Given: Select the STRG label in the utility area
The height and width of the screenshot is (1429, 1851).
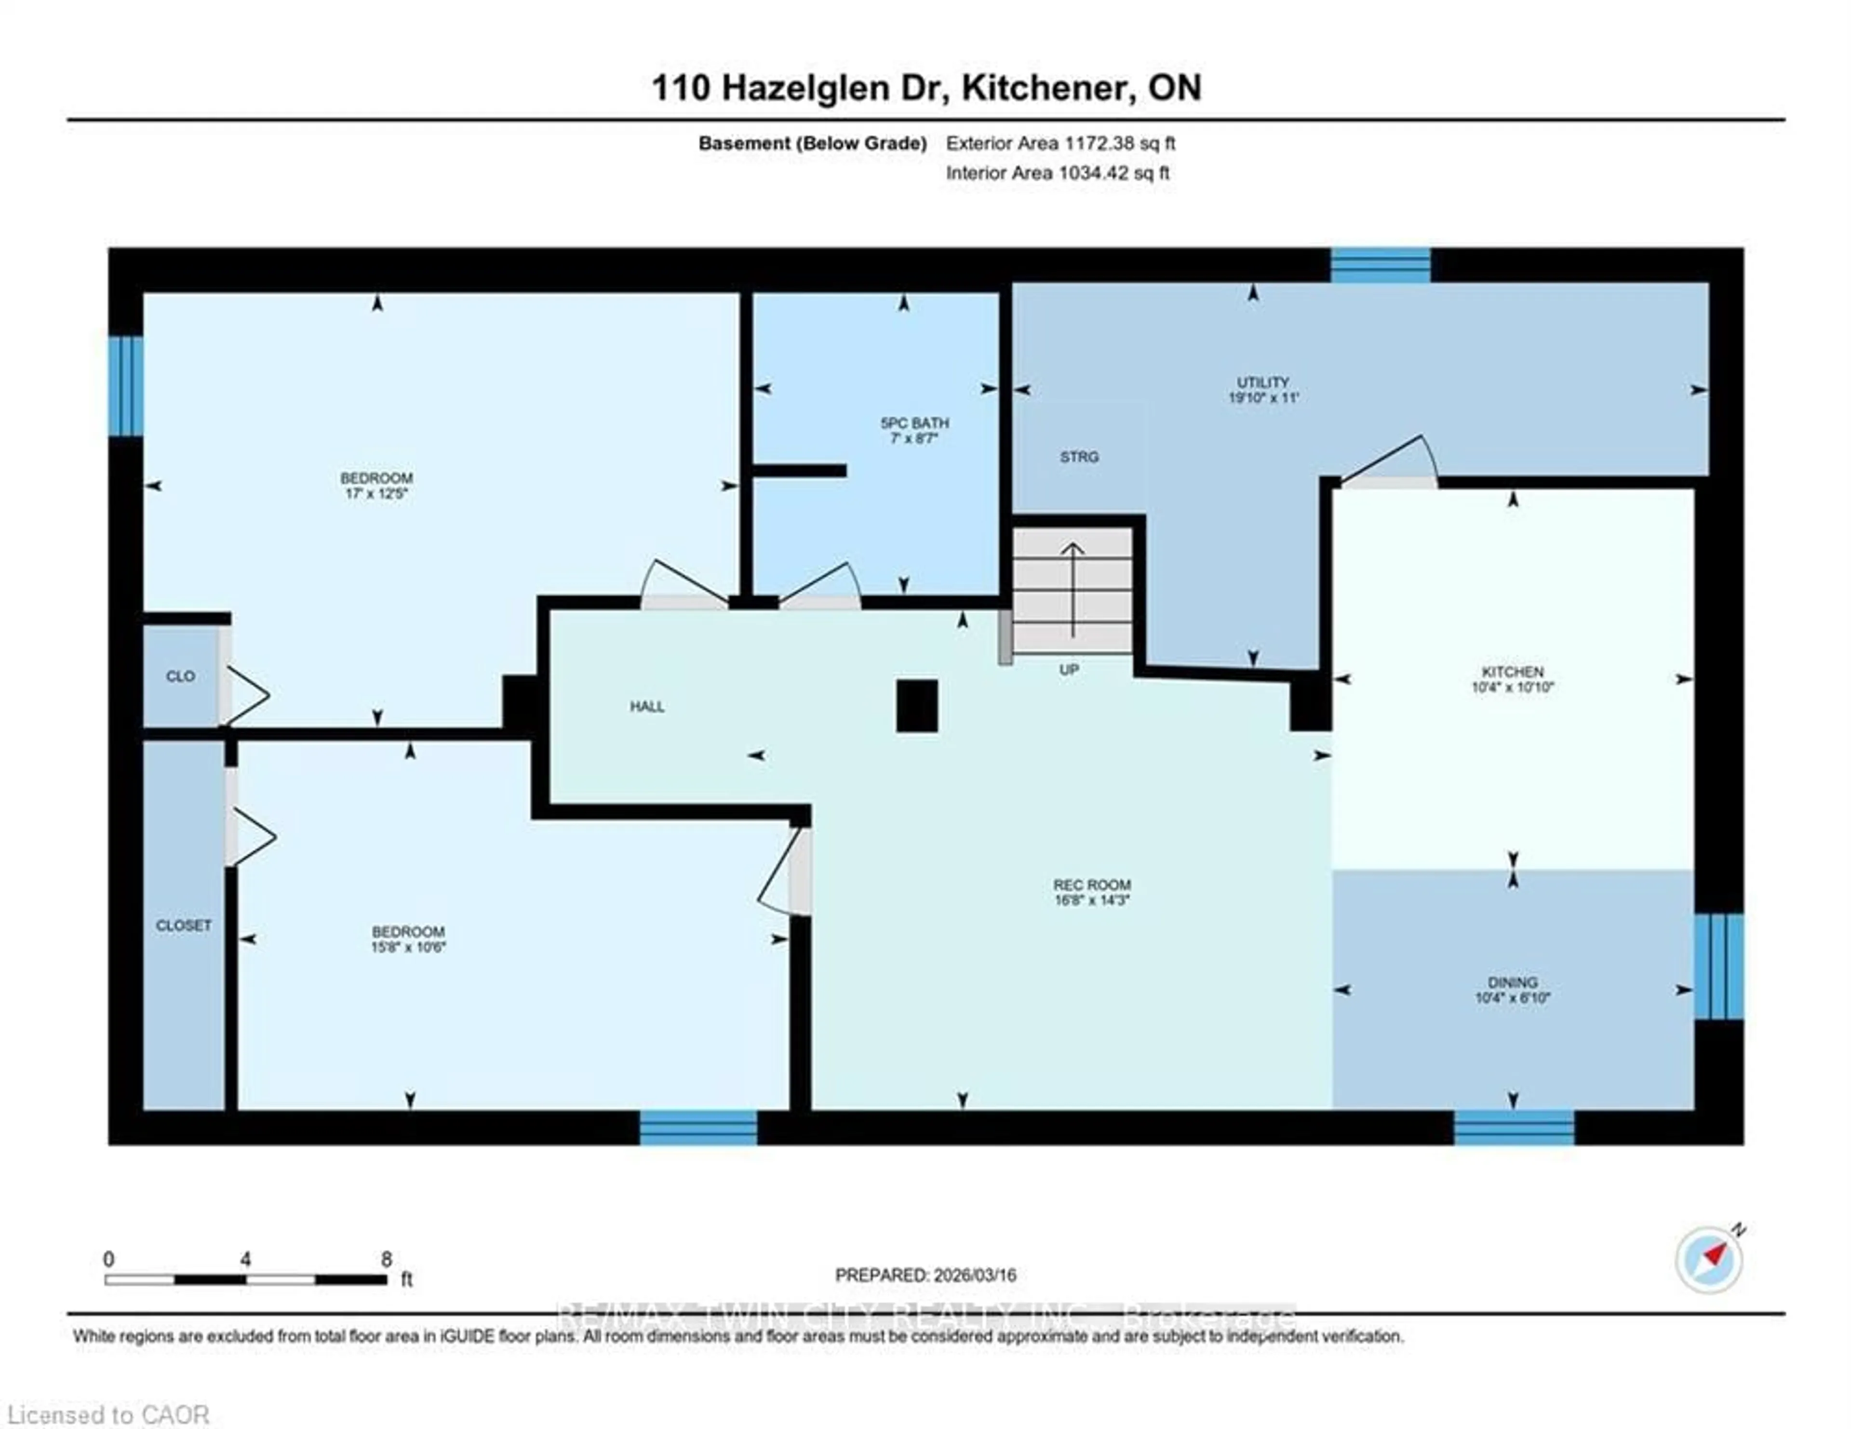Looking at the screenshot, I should (1079, 457).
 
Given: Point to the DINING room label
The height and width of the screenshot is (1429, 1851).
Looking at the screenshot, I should (1512, 983).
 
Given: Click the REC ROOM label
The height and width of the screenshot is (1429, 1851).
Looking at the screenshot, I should (1092, 885).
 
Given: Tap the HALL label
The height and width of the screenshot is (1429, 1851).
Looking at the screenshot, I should (647, 706).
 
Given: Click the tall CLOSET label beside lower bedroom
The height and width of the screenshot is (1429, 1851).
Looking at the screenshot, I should (183, 926).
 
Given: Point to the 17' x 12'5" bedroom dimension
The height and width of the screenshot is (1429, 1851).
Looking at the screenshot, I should (376, 493).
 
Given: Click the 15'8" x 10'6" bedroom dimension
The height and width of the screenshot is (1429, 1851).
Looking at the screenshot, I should (408, 947).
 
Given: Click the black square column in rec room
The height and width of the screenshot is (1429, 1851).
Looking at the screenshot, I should (917, 705).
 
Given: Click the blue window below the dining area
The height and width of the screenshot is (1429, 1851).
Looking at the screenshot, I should (1514, 1127).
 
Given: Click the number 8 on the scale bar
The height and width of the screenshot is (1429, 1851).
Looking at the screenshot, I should (387, 1259).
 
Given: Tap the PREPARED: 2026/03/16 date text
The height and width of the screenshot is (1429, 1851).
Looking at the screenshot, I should (925, 1275).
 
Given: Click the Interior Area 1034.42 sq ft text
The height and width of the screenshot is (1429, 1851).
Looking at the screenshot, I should (1057, 173).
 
